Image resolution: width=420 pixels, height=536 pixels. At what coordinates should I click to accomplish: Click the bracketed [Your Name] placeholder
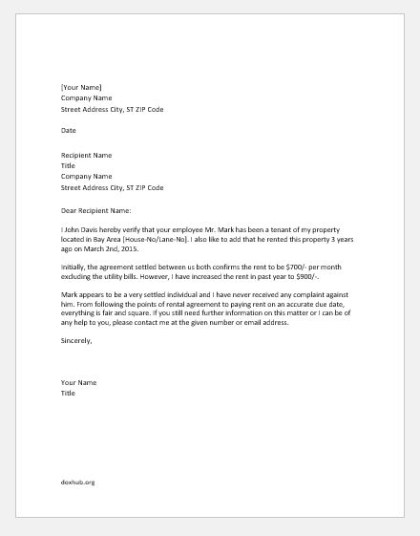point(80,87)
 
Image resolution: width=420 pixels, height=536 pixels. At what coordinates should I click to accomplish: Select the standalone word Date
point(69,131)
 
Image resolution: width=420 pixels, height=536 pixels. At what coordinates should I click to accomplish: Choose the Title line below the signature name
point(68,395)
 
